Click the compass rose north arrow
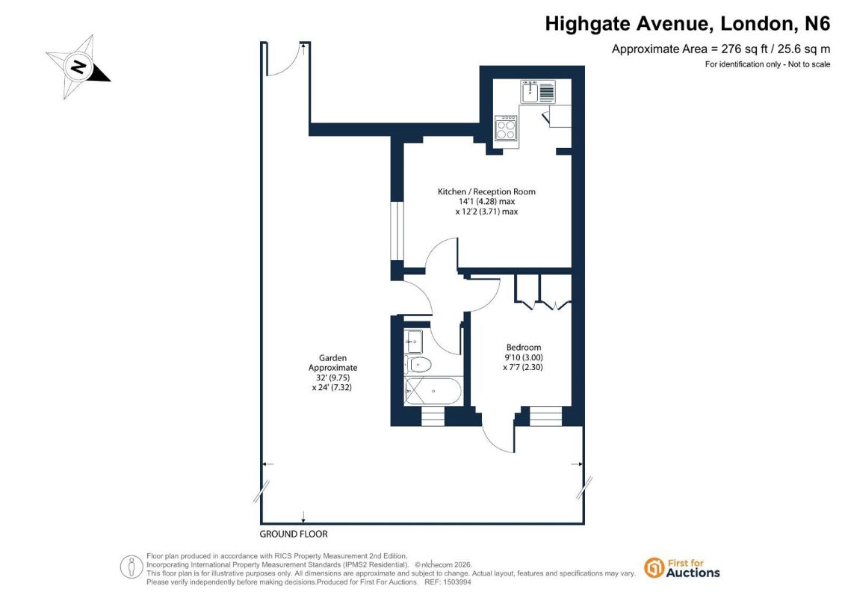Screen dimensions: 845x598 click(x=78, y=67)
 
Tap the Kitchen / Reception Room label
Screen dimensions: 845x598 click(x=486, y=191)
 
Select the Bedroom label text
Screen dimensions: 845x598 click(x=523, y=348)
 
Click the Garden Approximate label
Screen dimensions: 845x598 click(x=332, y=363)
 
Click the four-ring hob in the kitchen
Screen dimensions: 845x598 click(x=506, y=129)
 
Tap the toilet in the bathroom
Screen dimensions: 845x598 click(x=418, y=365)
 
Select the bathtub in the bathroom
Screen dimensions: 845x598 click(x=433, y=390)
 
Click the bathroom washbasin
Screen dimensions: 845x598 click(x=414, y=341)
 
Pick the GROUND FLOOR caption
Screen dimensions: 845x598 click(x=294, y=534)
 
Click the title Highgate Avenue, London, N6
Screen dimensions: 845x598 click(x=687, y=24)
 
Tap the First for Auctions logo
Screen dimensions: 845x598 click(x=682, y=568)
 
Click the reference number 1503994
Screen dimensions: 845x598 click(x=457, y=582)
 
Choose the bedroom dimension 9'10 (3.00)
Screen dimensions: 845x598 click(x=523, y=357)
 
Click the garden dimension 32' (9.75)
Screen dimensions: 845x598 click(x=332, y=377)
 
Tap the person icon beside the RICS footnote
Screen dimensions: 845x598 click(x=131, y=567)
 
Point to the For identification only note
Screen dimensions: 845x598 click(x=767, y=64)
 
